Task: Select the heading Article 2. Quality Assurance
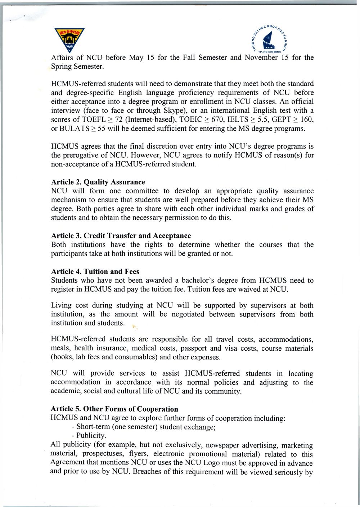click(98, 182)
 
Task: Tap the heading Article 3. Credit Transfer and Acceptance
click(121, 236)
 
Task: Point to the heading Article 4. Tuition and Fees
click(95, 272)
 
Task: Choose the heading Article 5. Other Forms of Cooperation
click(114, 409)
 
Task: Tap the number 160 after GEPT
click(306, 120)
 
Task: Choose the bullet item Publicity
click(90, 436)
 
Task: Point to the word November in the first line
click(261, 58)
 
